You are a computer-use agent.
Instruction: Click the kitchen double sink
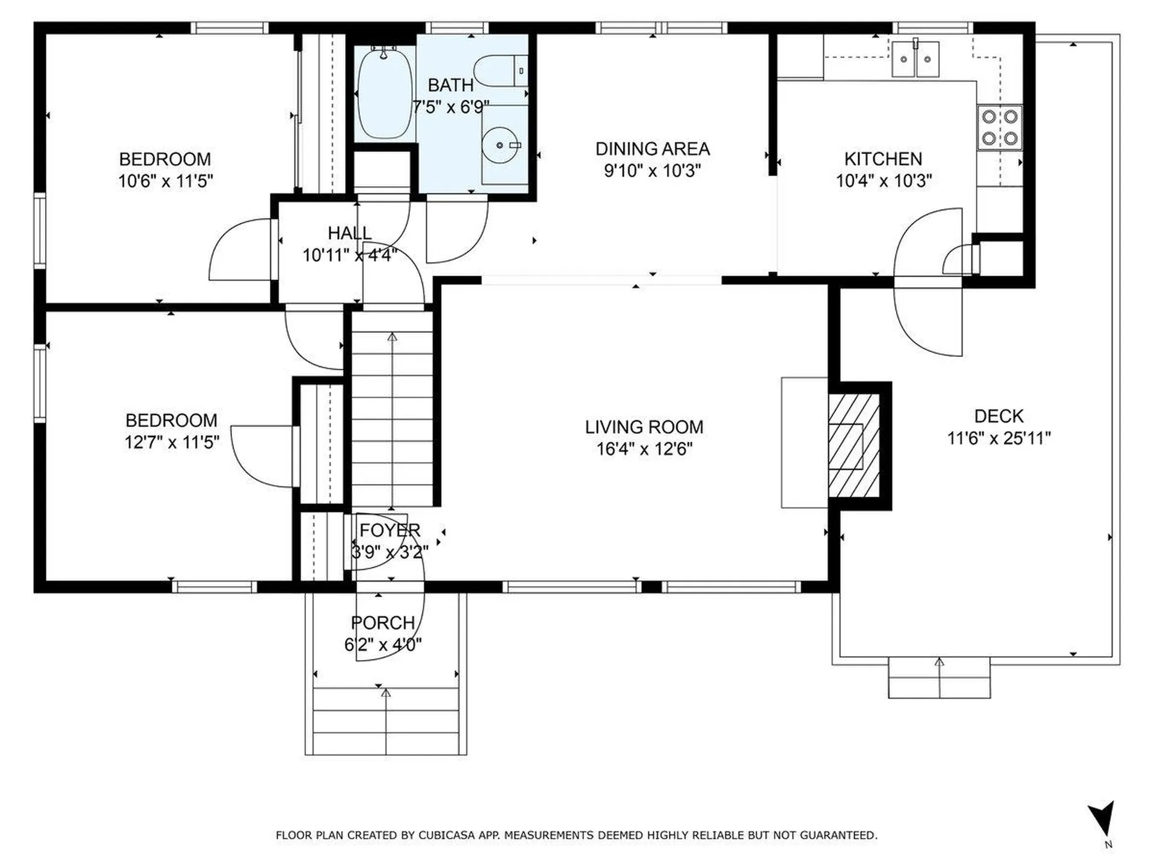tap(915, 59)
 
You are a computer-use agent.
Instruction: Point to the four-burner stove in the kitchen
tap(1000, 127)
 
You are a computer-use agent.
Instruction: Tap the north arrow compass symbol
tap(1103, 819)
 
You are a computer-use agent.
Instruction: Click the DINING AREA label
tap(653, 148)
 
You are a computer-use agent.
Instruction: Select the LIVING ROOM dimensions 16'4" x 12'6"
tap(644, 449)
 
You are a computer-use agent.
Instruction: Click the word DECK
tap(999, 416)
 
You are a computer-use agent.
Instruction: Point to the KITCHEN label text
tap(883, 159)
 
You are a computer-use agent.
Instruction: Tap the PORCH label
tap(383, 622)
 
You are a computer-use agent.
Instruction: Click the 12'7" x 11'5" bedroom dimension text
tap(172, 442)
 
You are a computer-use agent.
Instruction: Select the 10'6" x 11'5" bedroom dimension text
tap(166, 180)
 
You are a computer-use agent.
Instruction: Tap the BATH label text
tap(450, 85)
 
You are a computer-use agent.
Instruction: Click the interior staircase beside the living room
tap(392, 408)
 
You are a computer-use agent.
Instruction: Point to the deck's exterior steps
tap(939, 678)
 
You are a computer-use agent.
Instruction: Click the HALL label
tap(350, 232)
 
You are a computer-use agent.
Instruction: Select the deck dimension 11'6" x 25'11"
tap(999, 438)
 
